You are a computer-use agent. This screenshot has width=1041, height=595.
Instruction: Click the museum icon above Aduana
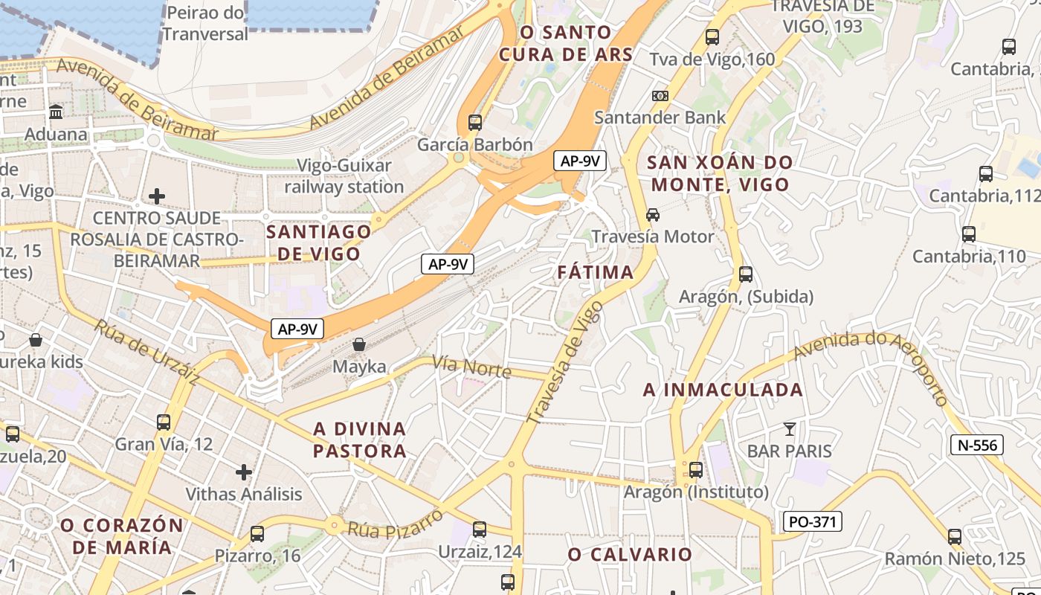tap(56, 112)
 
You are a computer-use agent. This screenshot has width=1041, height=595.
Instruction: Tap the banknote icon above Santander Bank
tap(660, 96)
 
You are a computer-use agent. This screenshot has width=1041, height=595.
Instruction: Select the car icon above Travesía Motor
tap(653, 215)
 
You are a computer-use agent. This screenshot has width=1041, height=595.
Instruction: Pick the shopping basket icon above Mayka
tap(359, 344)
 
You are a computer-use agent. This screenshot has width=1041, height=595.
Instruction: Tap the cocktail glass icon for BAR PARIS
tap(789, 429)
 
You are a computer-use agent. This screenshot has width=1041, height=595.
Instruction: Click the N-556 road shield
tap(977, 445)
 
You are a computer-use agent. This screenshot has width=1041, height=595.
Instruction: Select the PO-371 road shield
tap(813, 521)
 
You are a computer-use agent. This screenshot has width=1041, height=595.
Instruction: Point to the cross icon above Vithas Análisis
tap(243, 472)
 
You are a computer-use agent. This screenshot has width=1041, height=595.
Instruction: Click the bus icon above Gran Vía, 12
tap(164, 422)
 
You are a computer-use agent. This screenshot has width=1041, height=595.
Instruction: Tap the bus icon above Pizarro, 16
tap(257, 534)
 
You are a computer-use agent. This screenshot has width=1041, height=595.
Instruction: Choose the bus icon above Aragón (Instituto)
tap(696, 470)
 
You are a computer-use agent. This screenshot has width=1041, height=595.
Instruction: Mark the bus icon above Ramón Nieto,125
tap(955, 537)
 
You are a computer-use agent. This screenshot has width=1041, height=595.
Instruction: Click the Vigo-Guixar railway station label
tap(344, 176)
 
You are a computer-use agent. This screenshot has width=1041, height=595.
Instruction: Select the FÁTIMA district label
tap(596, 272)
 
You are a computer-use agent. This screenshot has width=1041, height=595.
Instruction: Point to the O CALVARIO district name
tap(630, 554)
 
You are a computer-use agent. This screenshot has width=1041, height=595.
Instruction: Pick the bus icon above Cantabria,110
tap(969, 234)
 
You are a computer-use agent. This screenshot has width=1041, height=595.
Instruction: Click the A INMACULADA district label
tap(723, 390)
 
